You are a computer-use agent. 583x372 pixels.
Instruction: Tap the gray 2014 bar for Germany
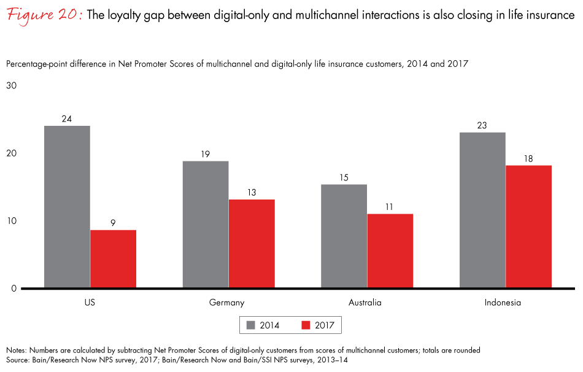(205, 224)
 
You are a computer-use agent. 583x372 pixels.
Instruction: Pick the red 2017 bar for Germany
(252, 244)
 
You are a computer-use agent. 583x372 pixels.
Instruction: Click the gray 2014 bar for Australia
(344, 236)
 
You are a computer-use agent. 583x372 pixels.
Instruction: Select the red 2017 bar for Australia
(390, 251)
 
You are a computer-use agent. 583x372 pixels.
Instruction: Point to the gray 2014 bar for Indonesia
(482, 210)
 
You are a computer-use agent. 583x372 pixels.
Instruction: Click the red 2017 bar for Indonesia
(528, 227)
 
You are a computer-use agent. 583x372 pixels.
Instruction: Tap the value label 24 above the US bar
(67, 119)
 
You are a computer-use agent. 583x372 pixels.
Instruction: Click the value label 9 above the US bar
(113, 223)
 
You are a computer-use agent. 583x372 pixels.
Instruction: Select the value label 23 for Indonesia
(482, 126)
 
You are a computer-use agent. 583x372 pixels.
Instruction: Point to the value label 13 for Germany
(252, 193)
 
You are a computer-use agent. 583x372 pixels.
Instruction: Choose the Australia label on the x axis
(366, 303)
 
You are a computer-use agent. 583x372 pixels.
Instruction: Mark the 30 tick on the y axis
(12, 85)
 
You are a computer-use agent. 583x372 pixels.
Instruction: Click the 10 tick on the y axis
(12, 221)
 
